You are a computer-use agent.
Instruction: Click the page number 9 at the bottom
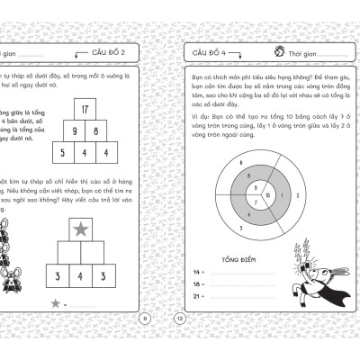click(x=146, y=317)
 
